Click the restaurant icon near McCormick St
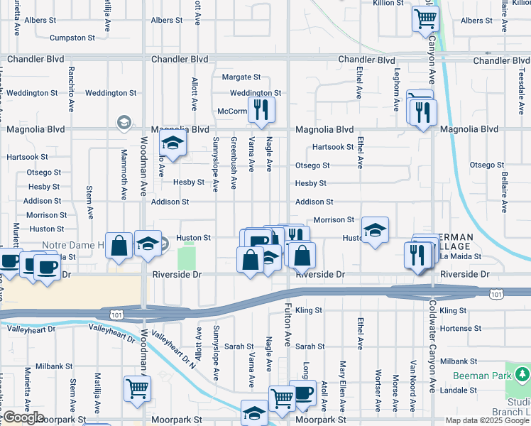[261, 109]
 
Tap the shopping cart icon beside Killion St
[425, 18]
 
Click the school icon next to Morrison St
[375, 229]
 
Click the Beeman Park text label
[479, 373]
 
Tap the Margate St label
[241, 77]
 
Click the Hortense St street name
[460, 329]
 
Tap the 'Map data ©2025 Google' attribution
[486, 420]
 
